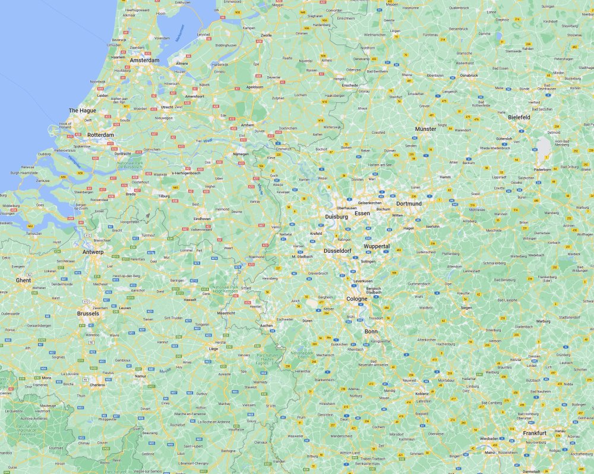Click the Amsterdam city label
pyautogui.click(x=144, y=60)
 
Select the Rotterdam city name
pyautogui.click(x=100, y=135)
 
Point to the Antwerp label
pyautogui.click(x=93, y=252)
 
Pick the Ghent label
pyautogui.click(x=23, y=280)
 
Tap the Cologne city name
pyautogui.click(x=357, y=299)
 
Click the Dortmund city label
pyautogui.click(x=409, y=203)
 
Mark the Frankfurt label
pyautogui.click(x=535, y=433)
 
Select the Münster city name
pyautogui.click(x=425, y=128)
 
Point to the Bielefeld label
pyautogui.click(x=519, y=118)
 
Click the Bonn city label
pyautogui.click(x=371, y=331)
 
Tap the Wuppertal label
pyautogui.click(x=377, y=246)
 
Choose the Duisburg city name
pyautogui.click(x=336, y=217)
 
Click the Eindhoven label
pyautogui.click(x=201, y=219)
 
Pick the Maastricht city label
pyautogui.click(x=226, y=313)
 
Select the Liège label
pyautogui.click(x=214, y=349)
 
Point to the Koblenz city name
pyautogui.click(x=422, y=394)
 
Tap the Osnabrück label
pyautogui.click(x=469, y=76)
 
